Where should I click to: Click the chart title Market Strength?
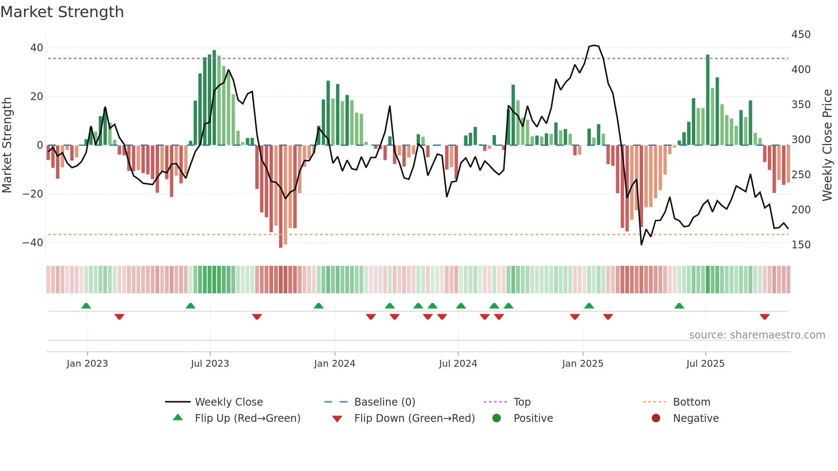[x=62, y=12]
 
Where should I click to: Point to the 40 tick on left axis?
[x=37, y=48]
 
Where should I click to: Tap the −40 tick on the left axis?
[x=33, y=243]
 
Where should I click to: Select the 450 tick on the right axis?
[x=801, y=35]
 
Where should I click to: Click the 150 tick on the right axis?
[x=801, y=245]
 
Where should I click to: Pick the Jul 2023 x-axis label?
[x=210, y=364]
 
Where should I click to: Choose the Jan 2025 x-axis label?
[x=582, y=364]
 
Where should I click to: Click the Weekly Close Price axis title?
[x=827, y=145]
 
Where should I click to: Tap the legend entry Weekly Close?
[x=229, y=402]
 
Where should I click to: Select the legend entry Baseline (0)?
[x=384, y=402]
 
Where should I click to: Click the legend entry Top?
[x=522, y=402]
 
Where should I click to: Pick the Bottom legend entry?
[x=691, y=402]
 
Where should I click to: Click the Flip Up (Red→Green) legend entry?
[x=248, y=418]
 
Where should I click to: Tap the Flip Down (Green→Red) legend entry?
[x=414, y=418]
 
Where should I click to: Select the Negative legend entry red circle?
[x=656, y=418]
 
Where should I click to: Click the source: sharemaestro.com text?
[x=757, y=335]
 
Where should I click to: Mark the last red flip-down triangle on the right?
[x=764, y=317]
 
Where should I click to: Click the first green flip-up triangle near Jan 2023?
[x=86, y=306]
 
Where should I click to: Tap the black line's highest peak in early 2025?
[x=594, y=45]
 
